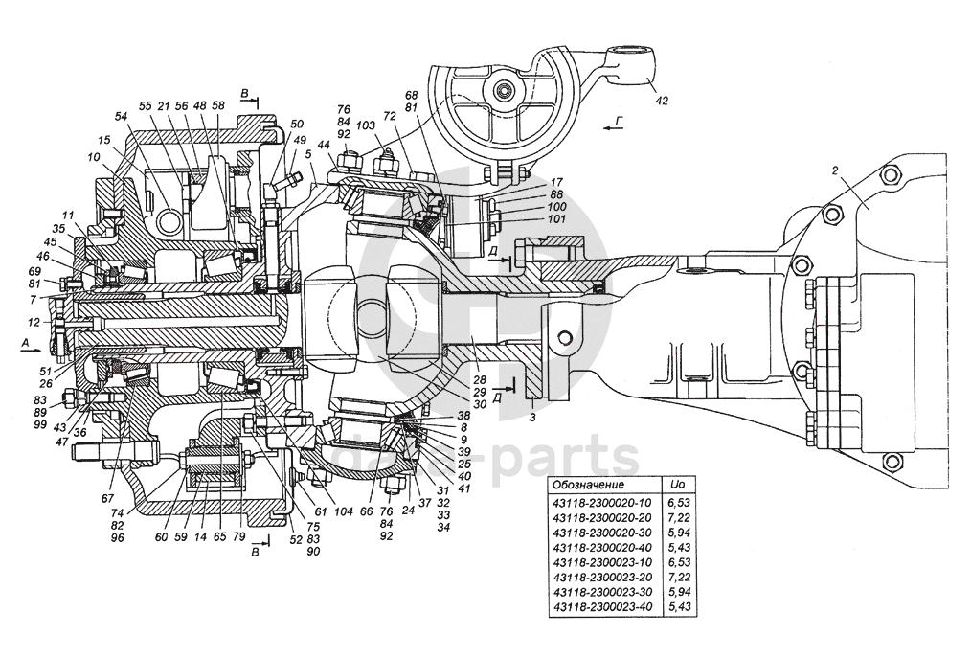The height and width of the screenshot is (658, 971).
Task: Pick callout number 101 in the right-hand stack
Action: pyautogui.click(x=556, y=219)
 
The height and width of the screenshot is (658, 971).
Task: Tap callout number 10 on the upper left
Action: pyautogui.click(x=93, y=157)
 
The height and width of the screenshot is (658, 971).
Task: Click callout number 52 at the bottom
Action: pyautogui.click(x=295, y=539)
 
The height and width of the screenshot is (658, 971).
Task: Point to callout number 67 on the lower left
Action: pyautogui.click(x=107, y=498)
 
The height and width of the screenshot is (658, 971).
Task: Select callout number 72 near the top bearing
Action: pyautogui.click(x=389, y=116)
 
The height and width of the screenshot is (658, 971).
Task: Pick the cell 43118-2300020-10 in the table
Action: pyautogui.click(x=601, y=502)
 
